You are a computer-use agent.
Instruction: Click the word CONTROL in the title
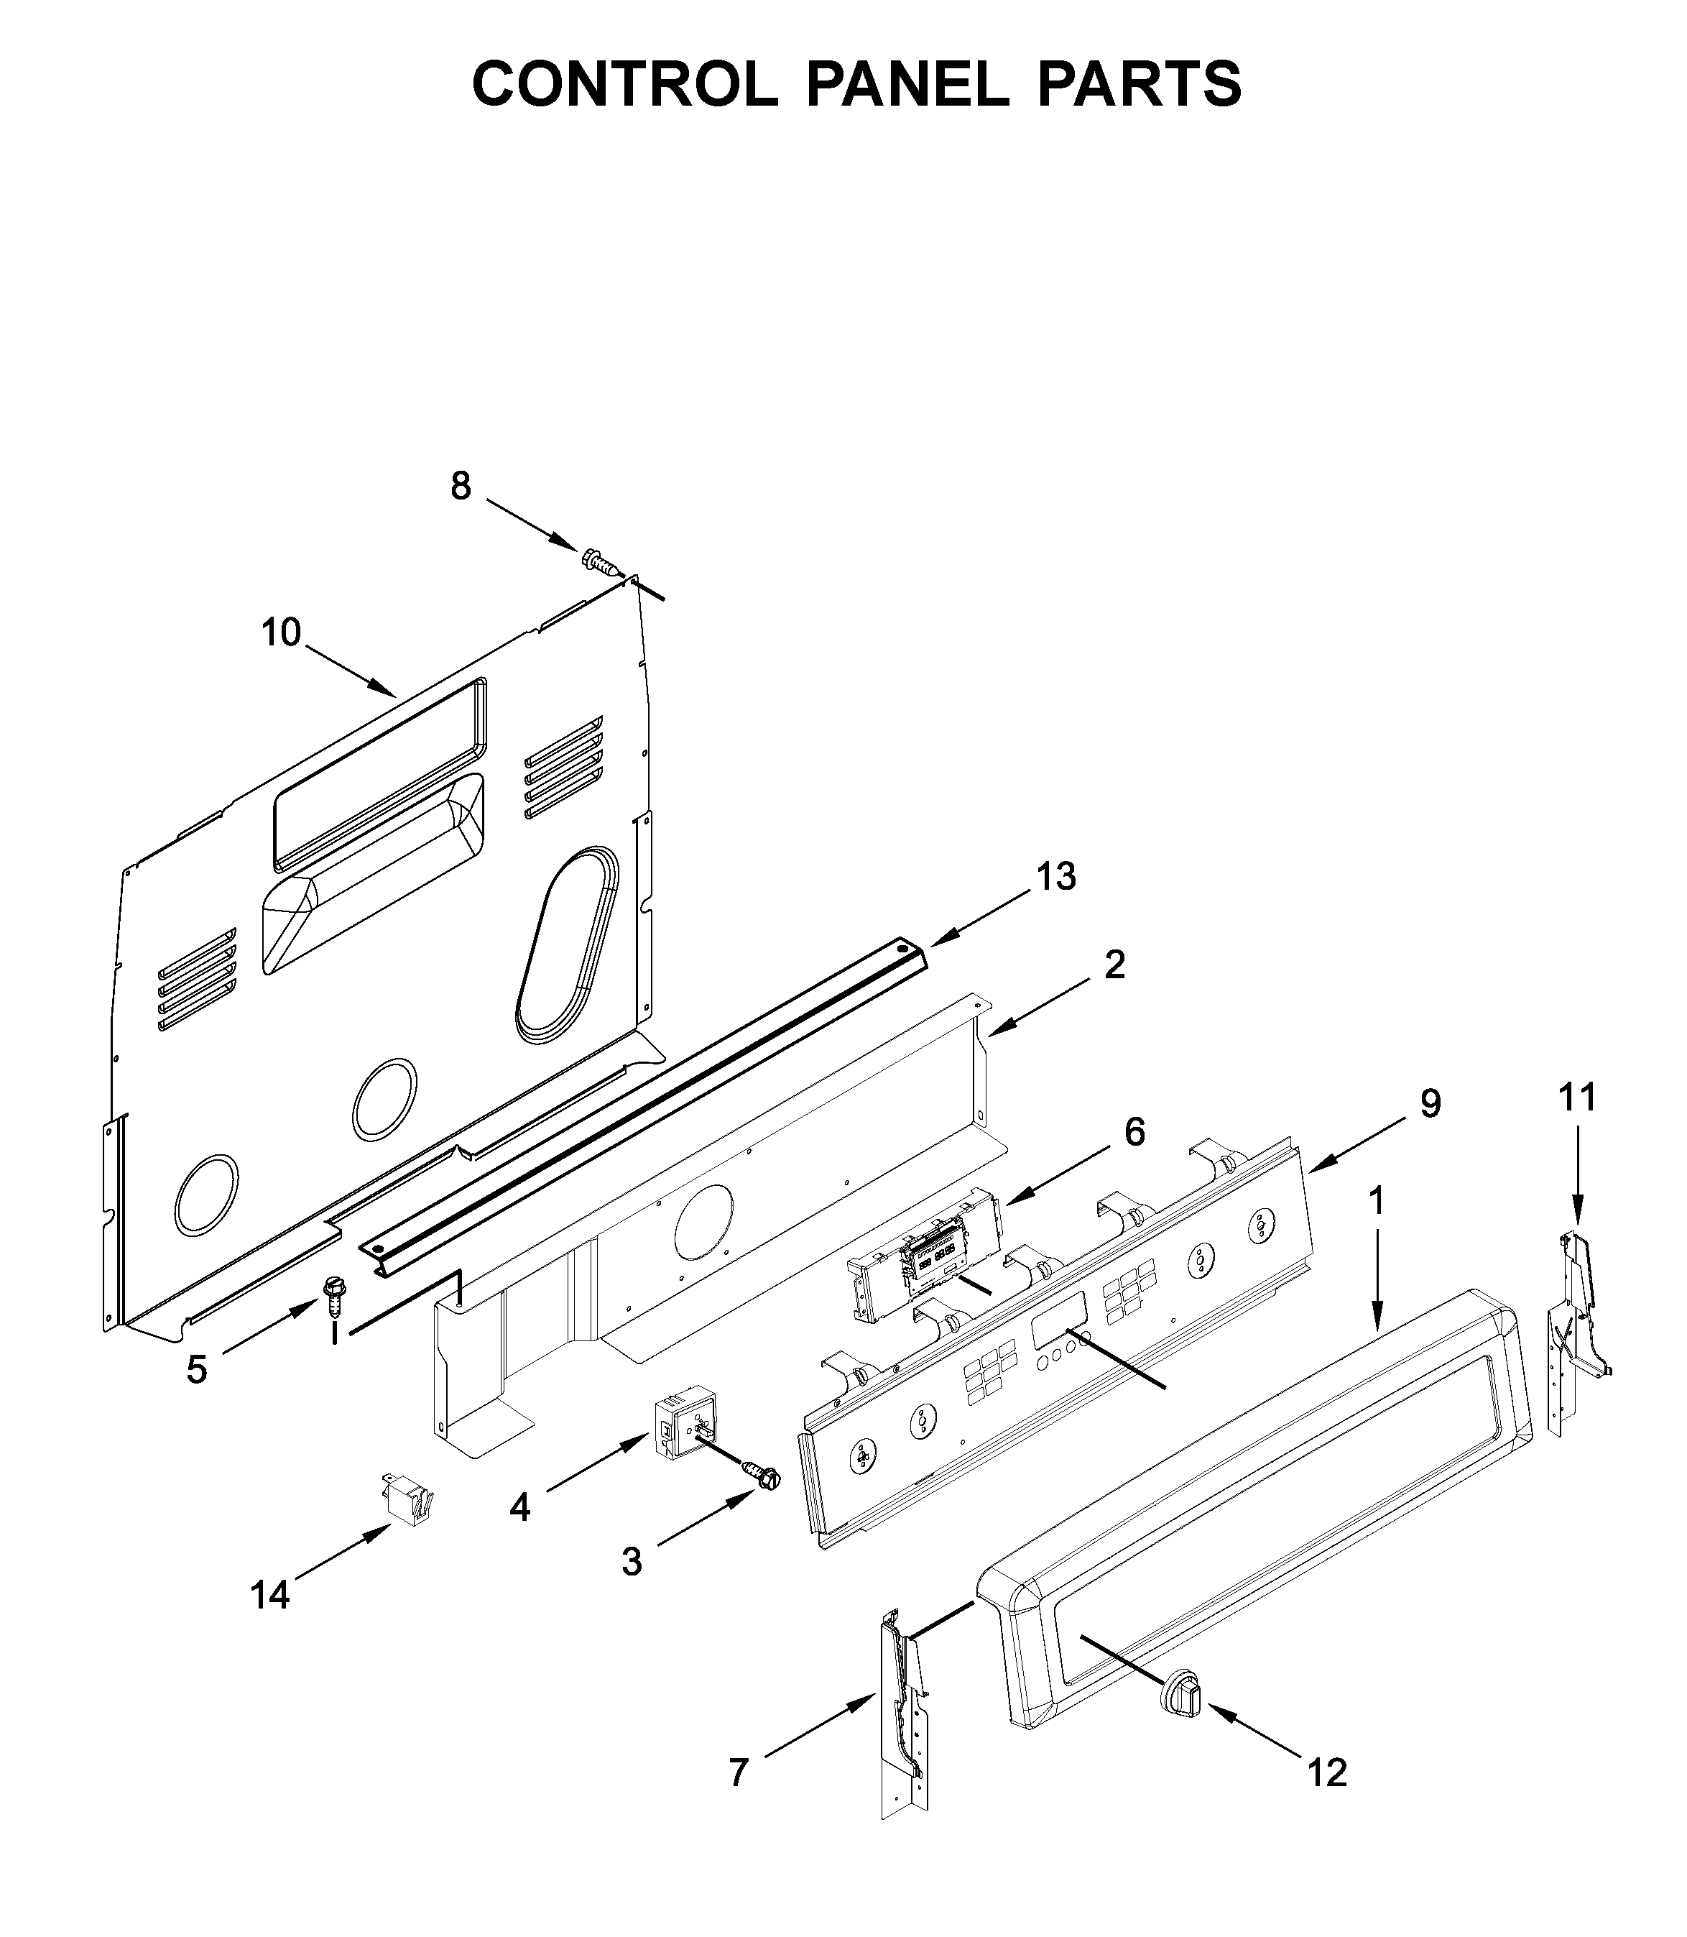(x=625, y=84)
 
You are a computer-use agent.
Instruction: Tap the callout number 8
(x=461, y=487)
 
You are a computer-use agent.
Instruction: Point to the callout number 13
(x=1055, y=877)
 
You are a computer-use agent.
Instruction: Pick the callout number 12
(x=1327, y=1772)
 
